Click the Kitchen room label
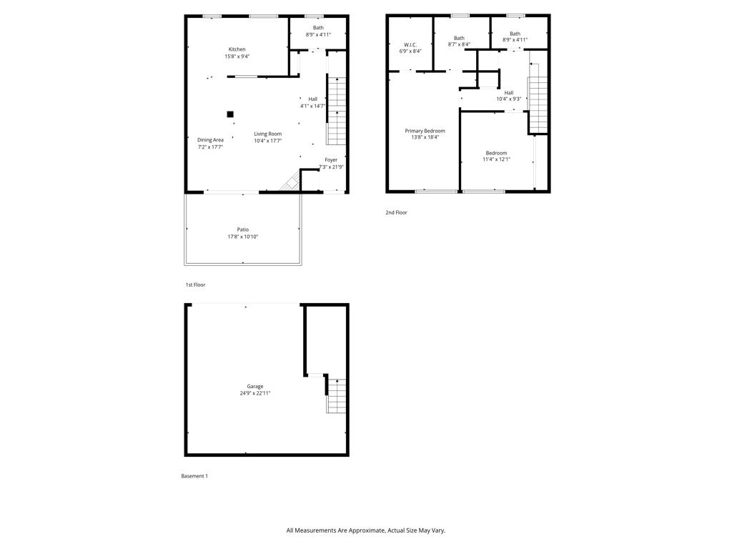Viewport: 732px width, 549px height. pos(237,49)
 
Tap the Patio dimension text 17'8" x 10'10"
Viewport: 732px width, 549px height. pos(242,237)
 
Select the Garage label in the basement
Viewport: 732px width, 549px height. pos(255,386)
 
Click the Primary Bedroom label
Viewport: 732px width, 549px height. pos(425,131)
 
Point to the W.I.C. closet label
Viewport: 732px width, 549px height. pos(410,44)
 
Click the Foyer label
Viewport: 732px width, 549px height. pos(331,160)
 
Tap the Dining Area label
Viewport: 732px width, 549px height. pos(210,140)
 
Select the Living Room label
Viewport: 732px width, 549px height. pos(267,134)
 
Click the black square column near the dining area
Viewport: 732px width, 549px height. pos(230,114)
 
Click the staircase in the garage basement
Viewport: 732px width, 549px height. pos(337,395)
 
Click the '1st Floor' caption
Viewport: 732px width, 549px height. pos(195,285)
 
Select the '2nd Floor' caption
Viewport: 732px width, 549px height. pos(396,212)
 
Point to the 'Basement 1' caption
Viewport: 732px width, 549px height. pos(194,476)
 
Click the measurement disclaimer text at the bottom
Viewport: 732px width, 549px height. pos(365,530)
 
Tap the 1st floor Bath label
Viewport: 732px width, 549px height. pos(318,28)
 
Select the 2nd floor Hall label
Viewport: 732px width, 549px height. pos(508,92)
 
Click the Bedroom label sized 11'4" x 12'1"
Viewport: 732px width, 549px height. pos(496,153)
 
